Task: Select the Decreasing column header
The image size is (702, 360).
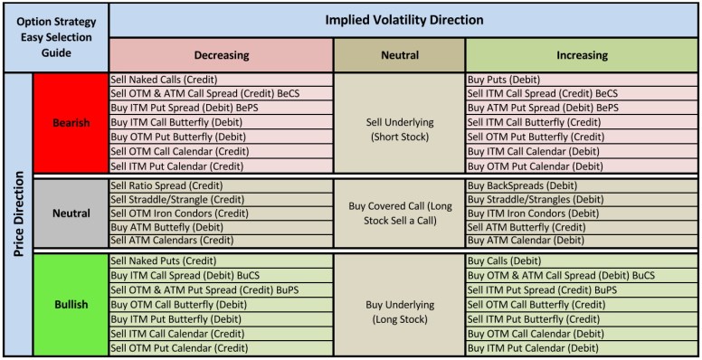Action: tap(221, 55)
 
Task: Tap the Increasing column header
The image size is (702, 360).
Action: tap(582, 55)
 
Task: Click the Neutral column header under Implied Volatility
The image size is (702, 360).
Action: tap(399, 55)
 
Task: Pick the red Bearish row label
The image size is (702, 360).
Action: tap(71, 123)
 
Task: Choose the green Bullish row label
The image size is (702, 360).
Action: tap(71, 304)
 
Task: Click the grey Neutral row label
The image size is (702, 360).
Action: tap(71, 213)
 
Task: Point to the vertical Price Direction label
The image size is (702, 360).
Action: tap(16, 214)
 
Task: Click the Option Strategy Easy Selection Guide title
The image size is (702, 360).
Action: tap(54, 37)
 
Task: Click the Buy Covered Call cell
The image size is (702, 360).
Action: tap(399, 213)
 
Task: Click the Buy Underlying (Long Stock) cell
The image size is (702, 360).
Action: tap(399, 311)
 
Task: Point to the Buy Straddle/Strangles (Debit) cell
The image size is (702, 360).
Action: tap(535, 199)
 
